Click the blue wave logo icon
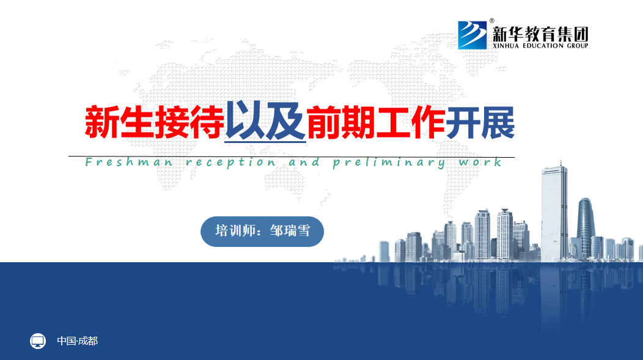tap(472, 35)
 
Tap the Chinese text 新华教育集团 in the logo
tap(540, 34)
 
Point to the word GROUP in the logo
tap(578, 45)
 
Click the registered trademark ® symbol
tap(491, 21)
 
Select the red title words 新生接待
tap(155, 122)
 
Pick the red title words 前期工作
tap(376, 122)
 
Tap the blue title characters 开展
tap(480, 122)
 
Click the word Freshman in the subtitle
tap(129, 163)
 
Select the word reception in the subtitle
tap(231, 163)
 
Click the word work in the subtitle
tap(480, 163)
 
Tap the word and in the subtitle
tap(304, 163)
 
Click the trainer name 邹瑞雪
tap(290, 231)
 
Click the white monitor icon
tap(38, 340)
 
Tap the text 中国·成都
tap(77, 340)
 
